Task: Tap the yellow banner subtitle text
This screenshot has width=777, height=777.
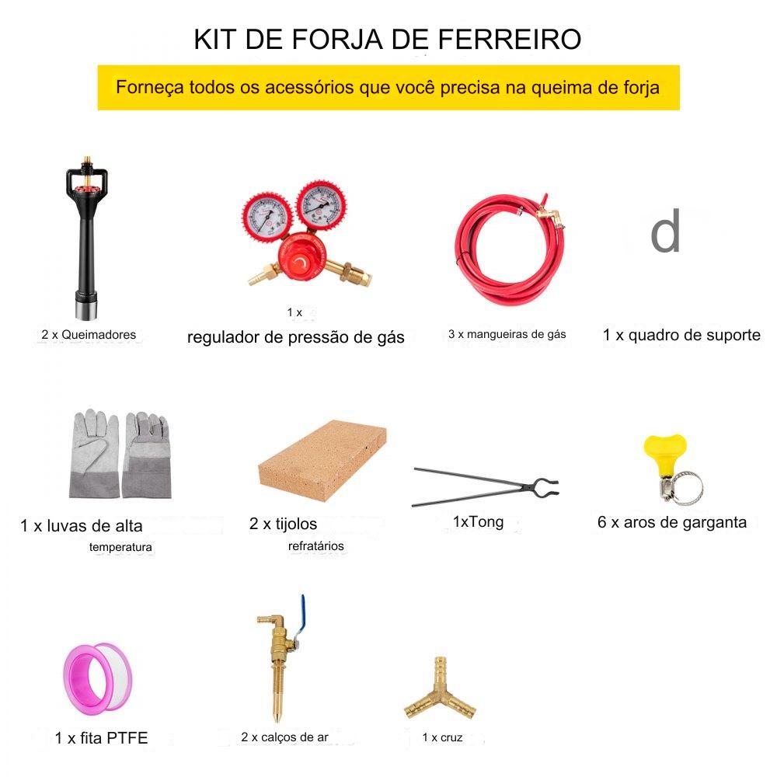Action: (x=388, y=88)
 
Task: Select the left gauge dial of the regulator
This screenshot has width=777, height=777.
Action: (x=267, y=217)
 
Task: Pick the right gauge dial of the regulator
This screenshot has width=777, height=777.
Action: (x=321, y=204)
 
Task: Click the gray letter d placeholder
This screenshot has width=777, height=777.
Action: (x=665, y=231)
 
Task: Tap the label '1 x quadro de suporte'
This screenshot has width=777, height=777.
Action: (x=681, y=335)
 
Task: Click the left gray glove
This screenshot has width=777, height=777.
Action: (x=95, y=454)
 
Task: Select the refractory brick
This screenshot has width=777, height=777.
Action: (x=322, y=460)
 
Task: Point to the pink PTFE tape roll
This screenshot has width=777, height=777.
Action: (x=98, y=677)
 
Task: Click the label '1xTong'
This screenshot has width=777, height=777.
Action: (x=478, y=522)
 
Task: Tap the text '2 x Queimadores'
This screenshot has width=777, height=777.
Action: (x=89, y=334)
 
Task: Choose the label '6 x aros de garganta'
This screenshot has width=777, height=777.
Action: (x=672, y=522)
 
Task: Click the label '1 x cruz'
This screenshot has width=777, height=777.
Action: (x=443, y=737)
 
